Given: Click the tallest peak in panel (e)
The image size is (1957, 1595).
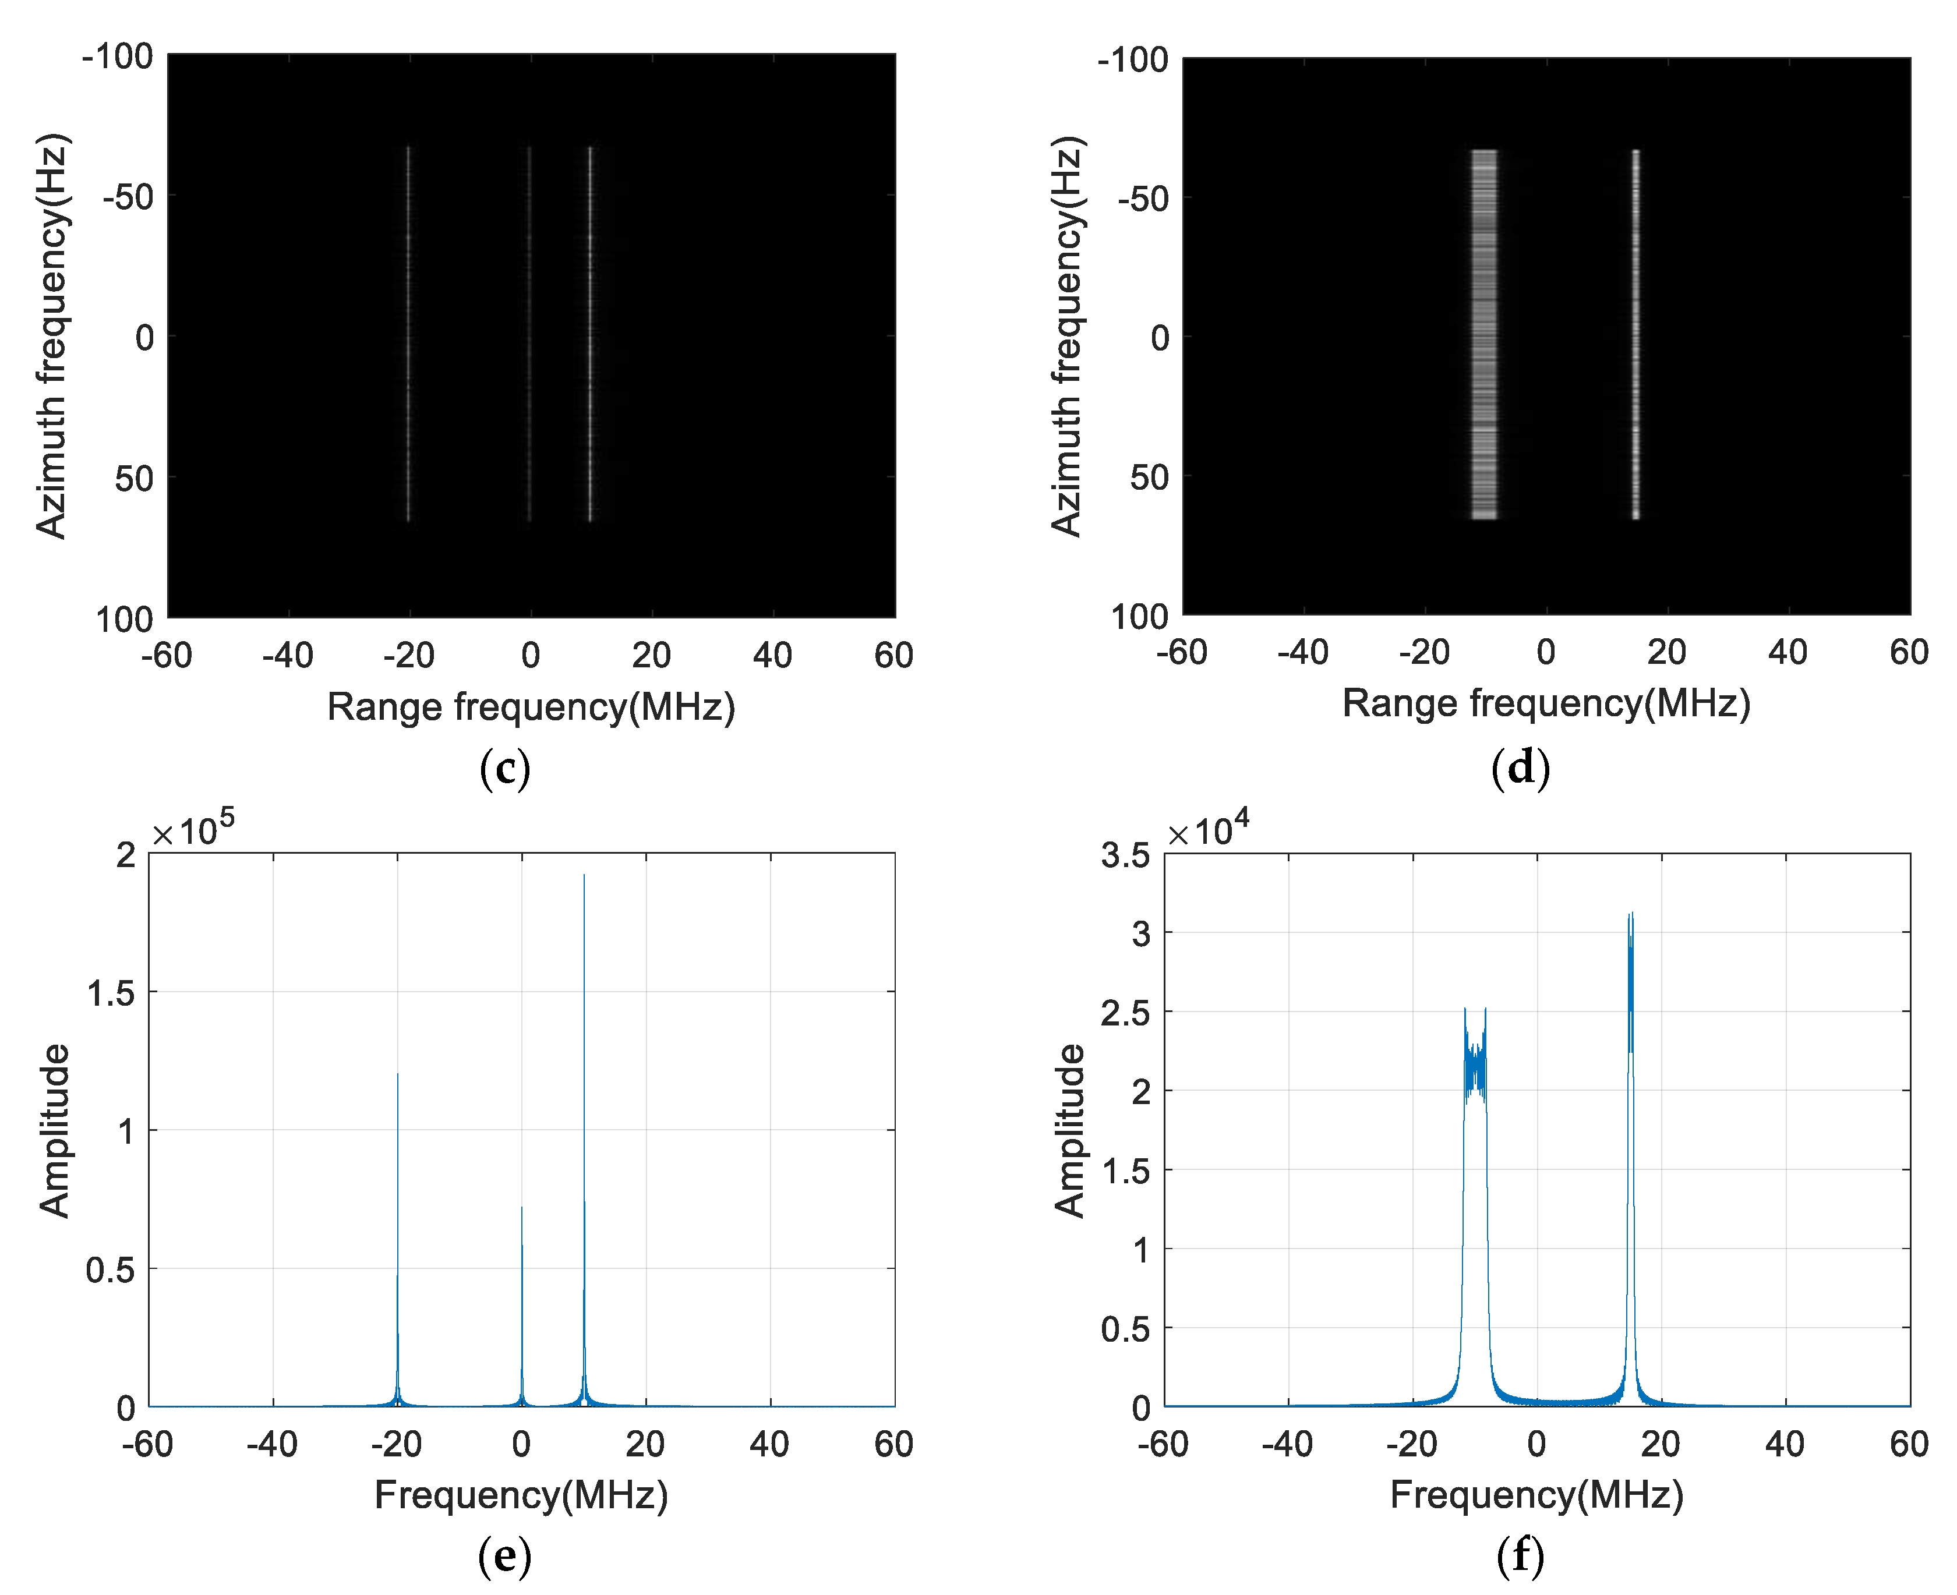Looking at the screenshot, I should click(x=584, y=1011).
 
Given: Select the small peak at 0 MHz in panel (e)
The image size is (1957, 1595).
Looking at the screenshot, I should click(x=522, y=1286).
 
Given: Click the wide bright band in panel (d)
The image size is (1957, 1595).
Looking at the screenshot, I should click(x=1484, y=335).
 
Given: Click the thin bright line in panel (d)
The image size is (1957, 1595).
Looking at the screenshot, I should click(x=1635, y=335).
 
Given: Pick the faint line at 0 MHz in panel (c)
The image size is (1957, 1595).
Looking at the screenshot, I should click(x=529, y=335).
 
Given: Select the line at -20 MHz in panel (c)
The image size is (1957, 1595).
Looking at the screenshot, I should click(x=408, y=335).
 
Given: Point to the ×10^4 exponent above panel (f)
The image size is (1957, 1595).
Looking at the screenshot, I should click(x=1208, y=829).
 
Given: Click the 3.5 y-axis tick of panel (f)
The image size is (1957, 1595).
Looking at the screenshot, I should click(x=1125, y=855).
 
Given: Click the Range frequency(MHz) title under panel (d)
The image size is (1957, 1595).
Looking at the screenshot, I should click(x=1546, y=703).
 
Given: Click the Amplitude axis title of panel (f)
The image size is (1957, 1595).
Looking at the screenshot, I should click(x=1069, y=1131).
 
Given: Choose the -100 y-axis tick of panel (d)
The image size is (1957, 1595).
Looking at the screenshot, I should click(x=1132, y=61).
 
